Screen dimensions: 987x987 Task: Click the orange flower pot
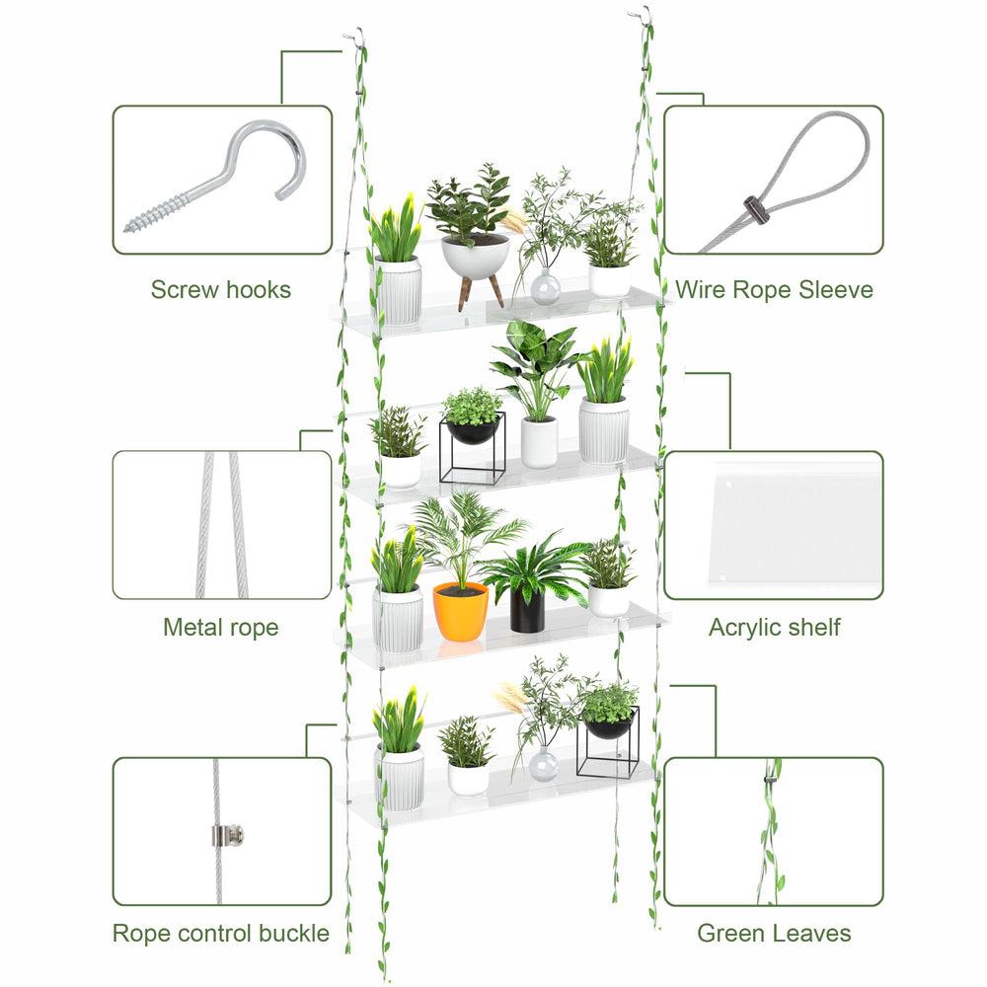460,612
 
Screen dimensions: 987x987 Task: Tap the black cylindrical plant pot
527,609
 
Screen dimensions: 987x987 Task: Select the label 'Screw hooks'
221,289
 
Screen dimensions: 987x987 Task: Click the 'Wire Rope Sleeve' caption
774,289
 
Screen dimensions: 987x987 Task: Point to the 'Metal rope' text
221,627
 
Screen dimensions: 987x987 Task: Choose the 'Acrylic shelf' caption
774,627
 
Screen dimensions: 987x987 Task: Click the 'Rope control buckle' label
221,933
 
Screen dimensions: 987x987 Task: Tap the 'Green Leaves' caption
774,933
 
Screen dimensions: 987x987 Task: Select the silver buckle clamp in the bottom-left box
227,835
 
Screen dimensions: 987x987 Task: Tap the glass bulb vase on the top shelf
545,287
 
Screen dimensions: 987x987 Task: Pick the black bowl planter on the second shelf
472,431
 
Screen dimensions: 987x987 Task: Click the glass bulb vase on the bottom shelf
543,764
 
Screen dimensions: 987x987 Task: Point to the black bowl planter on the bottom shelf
608,724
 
